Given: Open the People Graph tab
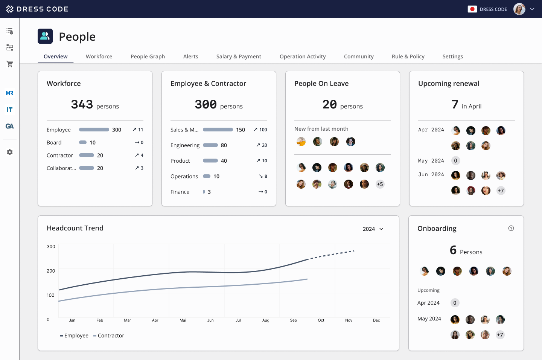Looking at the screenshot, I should tap(148, 56).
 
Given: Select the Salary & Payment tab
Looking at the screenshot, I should tap(239, 56).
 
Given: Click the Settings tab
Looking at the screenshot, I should tap(452, 56).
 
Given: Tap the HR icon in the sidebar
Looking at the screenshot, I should tap(10, 93).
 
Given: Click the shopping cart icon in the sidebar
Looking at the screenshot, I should tap(10, 64).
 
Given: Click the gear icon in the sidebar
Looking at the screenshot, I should tap(10, 152).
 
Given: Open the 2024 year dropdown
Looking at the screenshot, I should tap(373, 229).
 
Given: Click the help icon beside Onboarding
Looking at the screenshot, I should tap(511, 228).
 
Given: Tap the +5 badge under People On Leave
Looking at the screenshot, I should tap(380, 184).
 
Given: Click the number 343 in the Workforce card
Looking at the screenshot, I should tap(82, 104).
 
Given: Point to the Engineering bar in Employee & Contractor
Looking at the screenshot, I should tap(210, 145).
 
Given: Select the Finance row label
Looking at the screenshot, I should tap(180, 192).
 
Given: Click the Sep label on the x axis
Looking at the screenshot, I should tap(294, 320).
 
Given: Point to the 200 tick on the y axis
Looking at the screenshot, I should tap(51, 271).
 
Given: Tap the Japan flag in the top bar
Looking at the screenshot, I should tap(472, 9).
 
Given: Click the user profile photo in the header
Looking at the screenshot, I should tap(519, 9).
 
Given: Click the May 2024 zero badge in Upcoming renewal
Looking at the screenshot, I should tap(455, 161).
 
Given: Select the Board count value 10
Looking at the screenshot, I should tap(93, 142).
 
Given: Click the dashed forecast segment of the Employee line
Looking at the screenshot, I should tap(332, 254).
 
